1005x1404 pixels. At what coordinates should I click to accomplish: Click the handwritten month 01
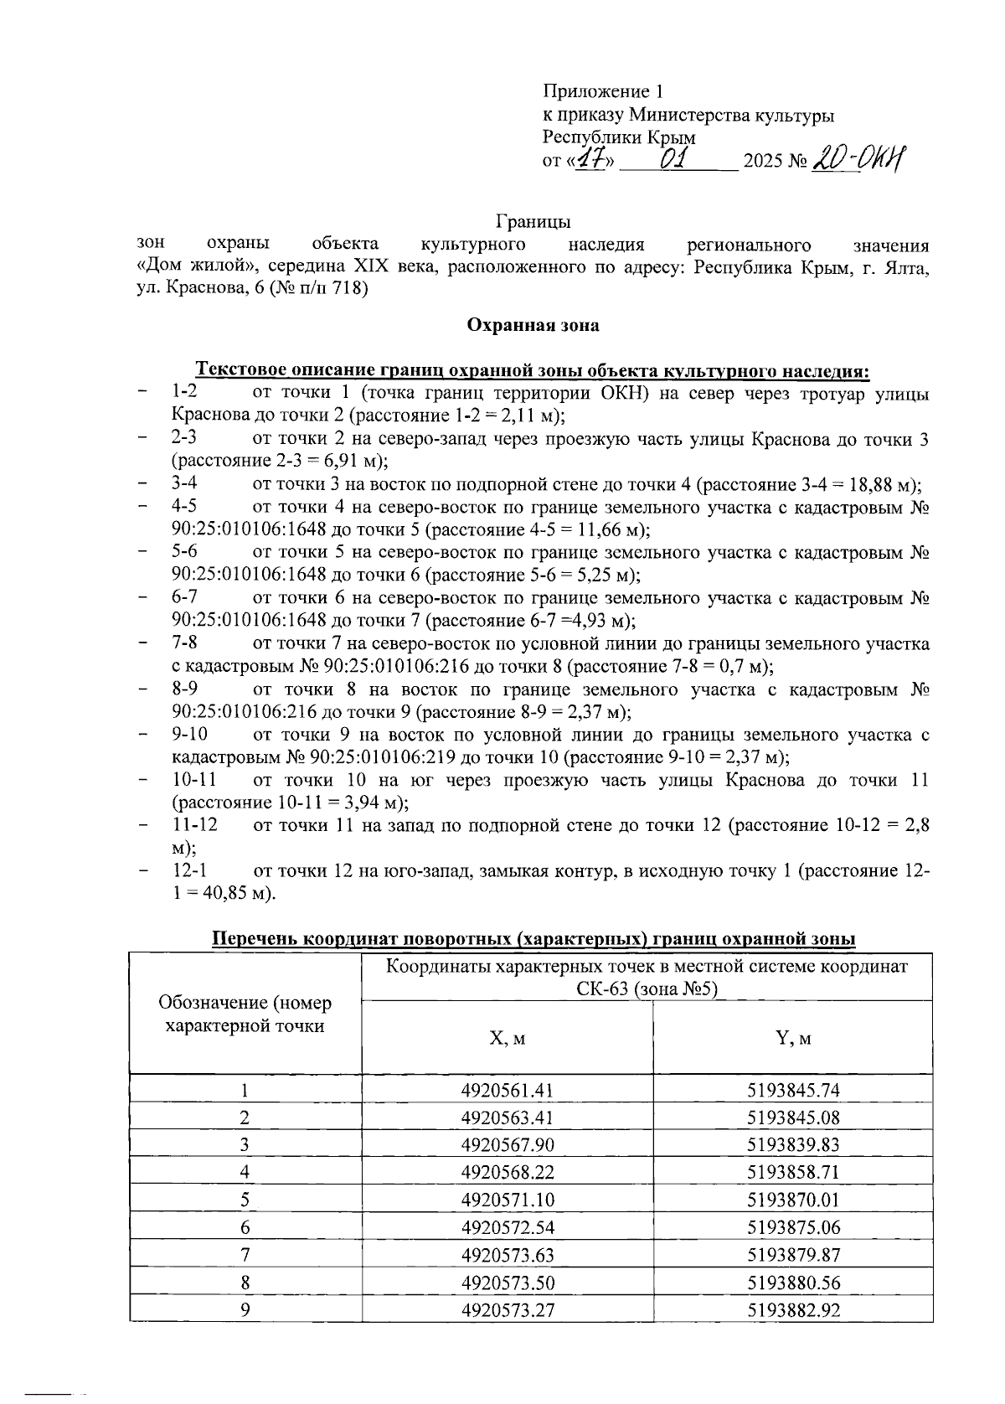tap(674, 158)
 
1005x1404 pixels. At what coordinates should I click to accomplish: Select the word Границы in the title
tap(533, 222)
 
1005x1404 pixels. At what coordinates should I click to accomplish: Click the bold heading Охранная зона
tap(533, 325)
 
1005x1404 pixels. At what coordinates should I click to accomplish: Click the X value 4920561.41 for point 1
tap(508, 1090)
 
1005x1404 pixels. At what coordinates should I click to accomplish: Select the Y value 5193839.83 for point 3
tap(792, 1145)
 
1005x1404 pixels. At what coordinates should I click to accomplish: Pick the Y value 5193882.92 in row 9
tap(792, 1310)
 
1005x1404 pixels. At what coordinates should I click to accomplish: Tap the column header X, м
tap(508, 1039)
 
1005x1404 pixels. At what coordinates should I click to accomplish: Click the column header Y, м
tap(792, 1039)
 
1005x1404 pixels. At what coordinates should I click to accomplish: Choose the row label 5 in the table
tap(245, 1200)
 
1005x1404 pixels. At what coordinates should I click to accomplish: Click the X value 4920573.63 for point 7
tap(508, 1255)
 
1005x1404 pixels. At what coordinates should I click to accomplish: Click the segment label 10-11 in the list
tap(195, 780)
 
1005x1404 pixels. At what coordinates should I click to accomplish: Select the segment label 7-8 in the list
tap(185, 643)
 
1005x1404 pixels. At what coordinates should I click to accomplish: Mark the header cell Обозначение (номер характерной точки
tap(245, 1014)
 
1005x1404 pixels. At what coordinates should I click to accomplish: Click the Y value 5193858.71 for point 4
tap(792, 1172)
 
